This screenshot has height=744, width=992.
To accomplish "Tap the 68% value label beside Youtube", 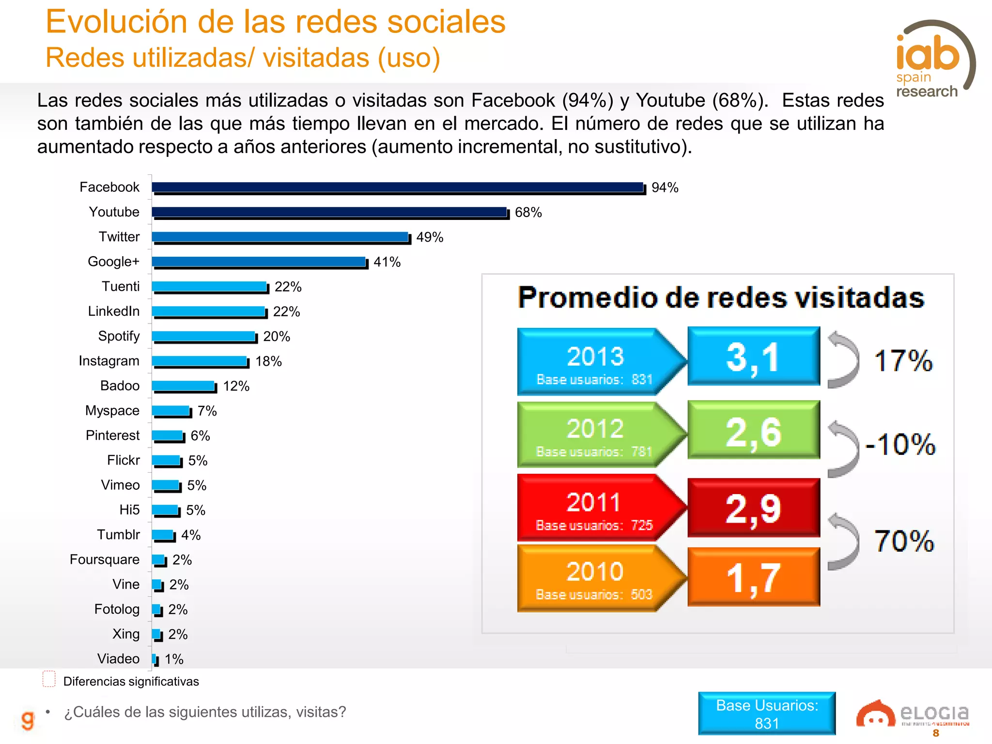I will [528, 213].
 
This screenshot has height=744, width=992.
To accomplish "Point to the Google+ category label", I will [113, 262].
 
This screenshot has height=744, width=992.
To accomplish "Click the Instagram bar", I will [200, 361].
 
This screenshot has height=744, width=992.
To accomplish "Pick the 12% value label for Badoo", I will [236, 387].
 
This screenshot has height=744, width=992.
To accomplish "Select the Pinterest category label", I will [112, 435].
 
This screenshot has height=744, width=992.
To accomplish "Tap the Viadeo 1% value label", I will [174, 659].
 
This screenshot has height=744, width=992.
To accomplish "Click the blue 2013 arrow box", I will [596, 361].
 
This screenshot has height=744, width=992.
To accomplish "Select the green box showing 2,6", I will [753, 430].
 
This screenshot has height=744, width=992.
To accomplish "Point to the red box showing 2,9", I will [753, 508].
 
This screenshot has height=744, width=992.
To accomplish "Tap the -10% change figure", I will [900, 444].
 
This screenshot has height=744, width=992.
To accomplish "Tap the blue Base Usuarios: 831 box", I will [767, 713].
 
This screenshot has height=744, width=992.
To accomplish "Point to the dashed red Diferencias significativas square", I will [49, 679].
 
